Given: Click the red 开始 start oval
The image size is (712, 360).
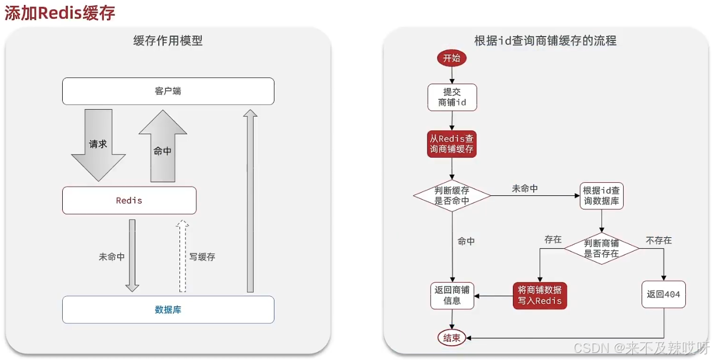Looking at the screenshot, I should point(452,58).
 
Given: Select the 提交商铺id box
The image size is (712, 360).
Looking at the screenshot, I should point(452,97).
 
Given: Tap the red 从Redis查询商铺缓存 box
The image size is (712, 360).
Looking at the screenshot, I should point(452,144).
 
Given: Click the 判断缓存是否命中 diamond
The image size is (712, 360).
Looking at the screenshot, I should point(452,195).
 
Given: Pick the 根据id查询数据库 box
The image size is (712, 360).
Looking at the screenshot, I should point(601,196).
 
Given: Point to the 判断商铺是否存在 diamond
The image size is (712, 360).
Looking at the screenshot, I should point(601,248).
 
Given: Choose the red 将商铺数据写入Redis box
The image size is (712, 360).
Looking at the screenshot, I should point(540,296).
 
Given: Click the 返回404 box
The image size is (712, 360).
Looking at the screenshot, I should point(663,295).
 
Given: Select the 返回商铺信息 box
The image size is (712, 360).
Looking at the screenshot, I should point(452,295).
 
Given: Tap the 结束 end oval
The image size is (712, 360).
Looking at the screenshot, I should point(452,338).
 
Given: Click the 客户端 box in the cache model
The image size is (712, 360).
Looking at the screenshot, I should point(168,91).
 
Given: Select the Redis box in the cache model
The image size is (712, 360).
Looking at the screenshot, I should point(129,201).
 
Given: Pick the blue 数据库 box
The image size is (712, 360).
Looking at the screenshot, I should point(168,310).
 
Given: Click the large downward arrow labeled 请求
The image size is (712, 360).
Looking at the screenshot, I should point(98,144).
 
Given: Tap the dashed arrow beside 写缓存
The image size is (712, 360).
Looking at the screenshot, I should point(183,256).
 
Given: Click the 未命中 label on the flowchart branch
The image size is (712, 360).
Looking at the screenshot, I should point(525,189).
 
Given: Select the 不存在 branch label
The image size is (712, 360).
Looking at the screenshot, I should point(659,240).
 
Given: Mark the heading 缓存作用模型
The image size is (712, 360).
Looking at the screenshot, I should point(168,41).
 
